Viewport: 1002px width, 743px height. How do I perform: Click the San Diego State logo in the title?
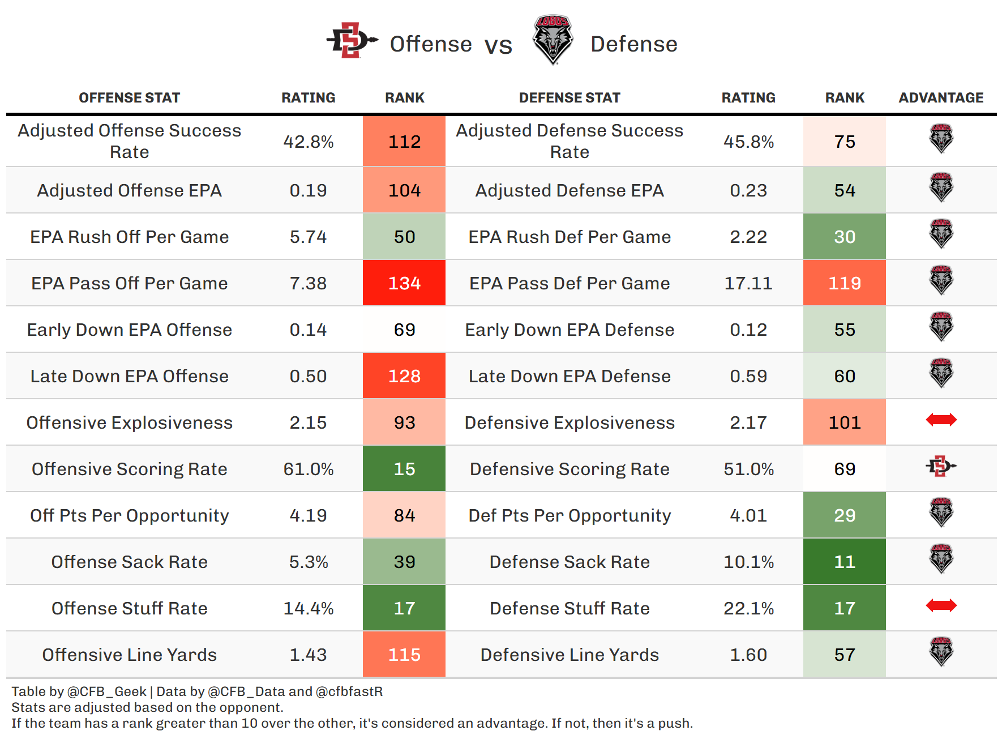[352, 41]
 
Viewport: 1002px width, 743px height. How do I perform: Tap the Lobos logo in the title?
[553, 40]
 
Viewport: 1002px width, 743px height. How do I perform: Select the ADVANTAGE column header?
[941, 98]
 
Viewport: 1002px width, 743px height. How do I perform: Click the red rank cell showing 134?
[404, 283]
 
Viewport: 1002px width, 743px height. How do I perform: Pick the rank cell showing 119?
[844, 283]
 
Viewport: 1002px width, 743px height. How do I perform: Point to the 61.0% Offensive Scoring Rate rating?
[309, 469]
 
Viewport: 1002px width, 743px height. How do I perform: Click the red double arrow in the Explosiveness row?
[941, 420]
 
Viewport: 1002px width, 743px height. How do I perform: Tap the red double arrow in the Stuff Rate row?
[941, 606]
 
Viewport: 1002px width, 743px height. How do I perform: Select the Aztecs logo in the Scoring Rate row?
[941, 467]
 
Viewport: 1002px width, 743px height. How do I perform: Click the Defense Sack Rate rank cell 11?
[844, 562]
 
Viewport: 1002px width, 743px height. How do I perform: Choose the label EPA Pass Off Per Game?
[130, 283]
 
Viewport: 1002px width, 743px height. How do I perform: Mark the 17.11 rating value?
[748, 283]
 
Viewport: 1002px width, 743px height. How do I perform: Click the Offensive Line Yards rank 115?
[404, 655]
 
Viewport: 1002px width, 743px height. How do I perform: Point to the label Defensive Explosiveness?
[569, 422]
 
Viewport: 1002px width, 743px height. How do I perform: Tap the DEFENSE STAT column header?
[569, 98]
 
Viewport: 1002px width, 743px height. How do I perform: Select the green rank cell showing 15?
[404, 469]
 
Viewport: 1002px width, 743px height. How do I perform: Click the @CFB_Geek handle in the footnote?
[107, 691]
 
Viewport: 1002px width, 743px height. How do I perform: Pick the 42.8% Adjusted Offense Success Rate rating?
[309, 142]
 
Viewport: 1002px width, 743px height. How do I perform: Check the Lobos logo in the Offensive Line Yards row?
[941, 652]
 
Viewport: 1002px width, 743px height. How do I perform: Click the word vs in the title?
[498, 45]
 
